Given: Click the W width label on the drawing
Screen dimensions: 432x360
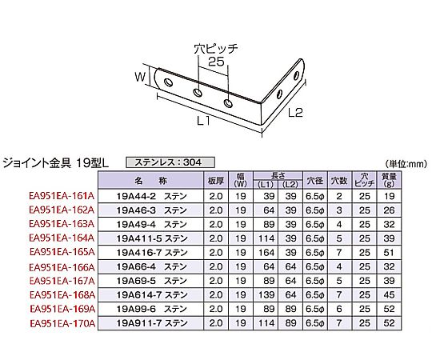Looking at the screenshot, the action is coord(140,77).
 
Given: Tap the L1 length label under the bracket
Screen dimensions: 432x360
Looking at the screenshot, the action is coord(204,121).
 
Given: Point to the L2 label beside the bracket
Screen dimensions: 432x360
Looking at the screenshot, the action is coord(295,112).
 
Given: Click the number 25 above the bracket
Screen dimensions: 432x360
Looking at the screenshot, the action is coord(216,62).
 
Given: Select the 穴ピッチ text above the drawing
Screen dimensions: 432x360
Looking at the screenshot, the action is coord(216,49).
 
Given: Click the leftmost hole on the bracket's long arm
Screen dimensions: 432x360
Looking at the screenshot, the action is coord(168,82).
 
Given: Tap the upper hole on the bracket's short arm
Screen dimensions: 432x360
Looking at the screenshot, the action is coord(297,75).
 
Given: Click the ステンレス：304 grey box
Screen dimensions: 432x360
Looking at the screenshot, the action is coord(170,162).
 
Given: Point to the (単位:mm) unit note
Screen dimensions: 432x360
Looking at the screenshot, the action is coord(406,164).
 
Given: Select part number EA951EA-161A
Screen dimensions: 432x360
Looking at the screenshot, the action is coord(62,196).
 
